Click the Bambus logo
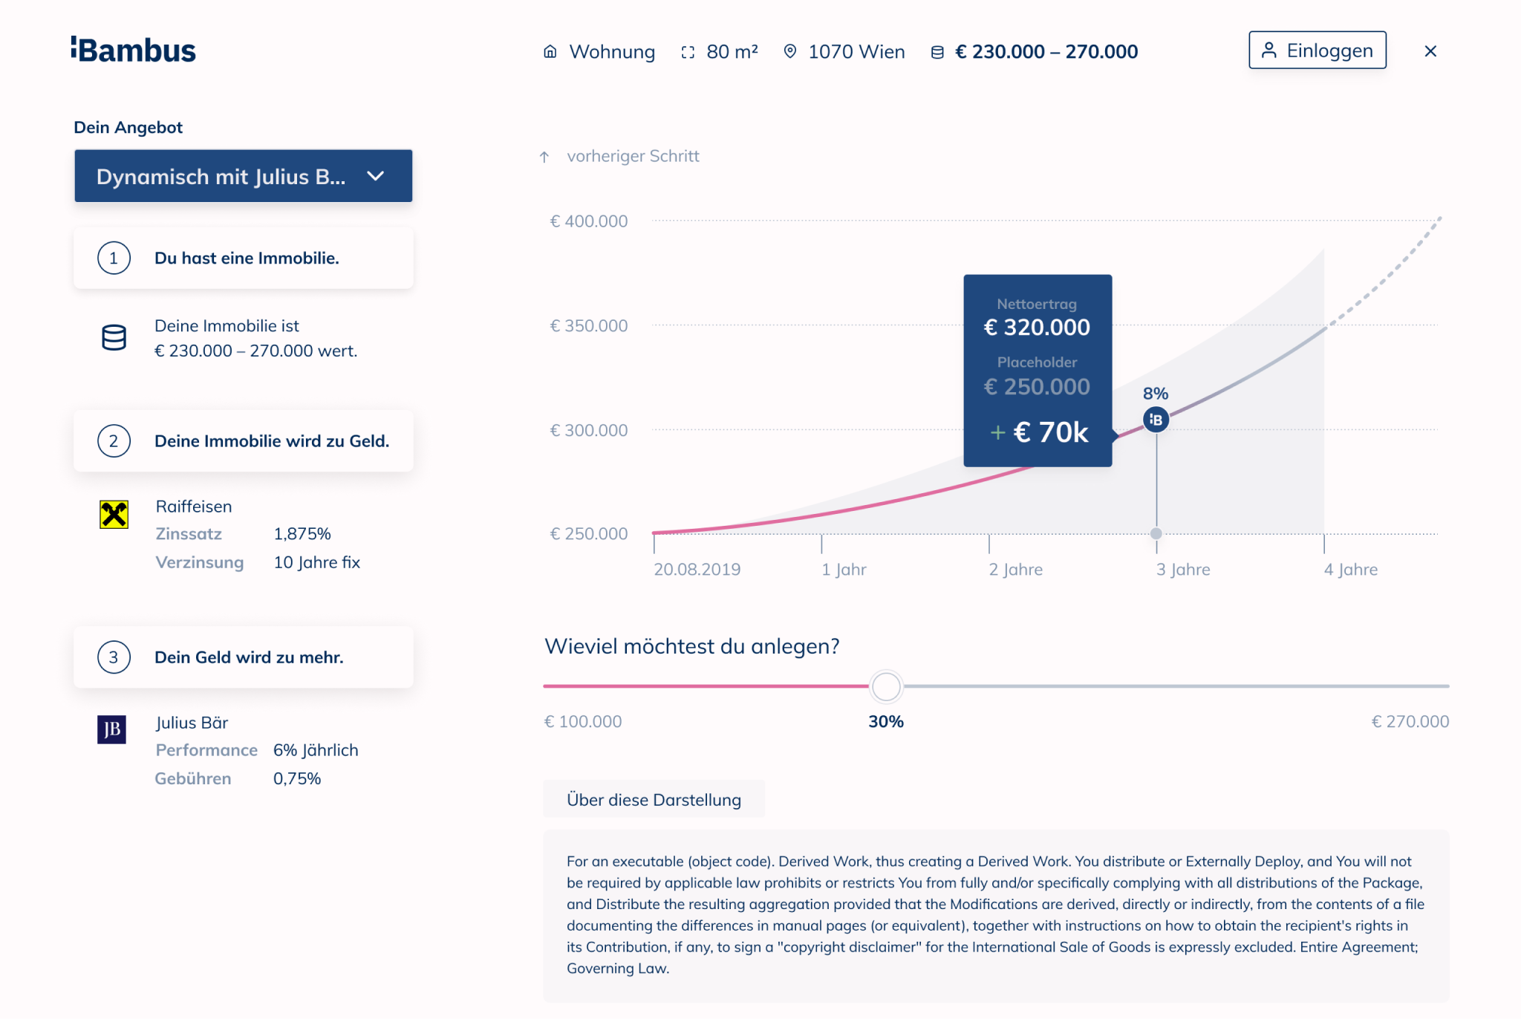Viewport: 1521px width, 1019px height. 134,51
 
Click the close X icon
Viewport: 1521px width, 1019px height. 1430,51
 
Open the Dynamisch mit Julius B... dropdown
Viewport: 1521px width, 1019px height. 243,176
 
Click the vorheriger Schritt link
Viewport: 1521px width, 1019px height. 632,157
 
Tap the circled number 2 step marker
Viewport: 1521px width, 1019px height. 114,441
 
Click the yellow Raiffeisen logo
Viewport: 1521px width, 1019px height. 114,514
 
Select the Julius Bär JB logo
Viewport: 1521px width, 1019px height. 112,729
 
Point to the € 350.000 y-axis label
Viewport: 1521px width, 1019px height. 588,326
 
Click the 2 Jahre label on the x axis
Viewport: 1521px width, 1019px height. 1015,570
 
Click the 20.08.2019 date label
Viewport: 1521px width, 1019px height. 697,570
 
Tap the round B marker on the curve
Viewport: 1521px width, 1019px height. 1156,420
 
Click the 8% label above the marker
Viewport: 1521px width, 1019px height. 1156,394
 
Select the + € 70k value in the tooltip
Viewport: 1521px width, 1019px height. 1040,432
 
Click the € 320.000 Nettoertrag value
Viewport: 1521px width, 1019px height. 1037,328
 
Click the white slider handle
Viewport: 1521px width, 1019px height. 886,686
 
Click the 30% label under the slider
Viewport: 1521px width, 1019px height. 886,722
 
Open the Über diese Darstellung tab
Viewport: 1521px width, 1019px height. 654,800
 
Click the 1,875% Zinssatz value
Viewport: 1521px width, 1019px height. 302,534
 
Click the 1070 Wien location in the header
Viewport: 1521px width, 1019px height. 856,52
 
